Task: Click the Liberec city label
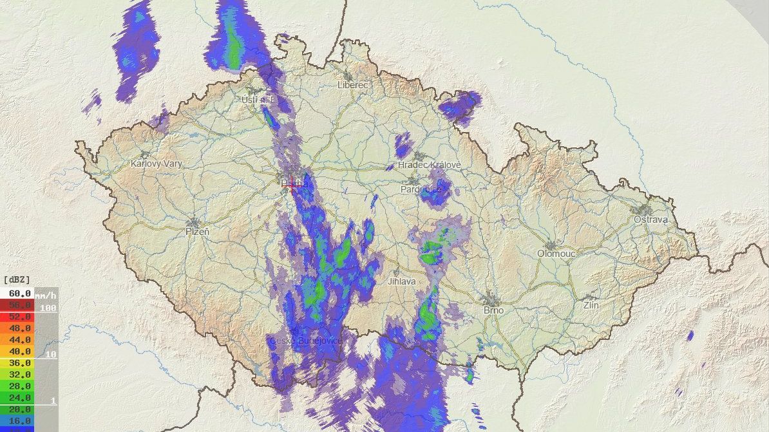tap(352, 85)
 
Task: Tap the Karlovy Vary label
tap(156, 164)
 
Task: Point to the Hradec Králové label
tap(430, 165)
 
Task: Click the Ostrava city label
tap(650, 220)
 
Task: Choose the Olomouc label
tap(555, 254)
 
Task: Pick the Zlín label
tap(591, 305)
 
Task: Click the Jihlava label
tap(402, 281)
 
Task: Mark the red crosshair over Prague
tap(293, 185)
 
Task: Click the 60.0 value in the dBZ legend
tap(19, 293)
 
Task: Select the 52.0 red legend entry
tap(19, 317)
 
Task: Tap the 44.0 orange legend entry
tap(19, 340)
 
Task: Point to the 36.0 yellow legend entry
tap(19, 363)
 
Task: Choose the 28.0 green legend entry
tap(19, 386)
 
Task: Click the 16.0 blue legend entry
tap(19, 421)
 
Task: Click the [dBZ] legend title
tap(17, 280)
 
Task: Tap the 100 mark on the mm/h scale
tap(48, 308)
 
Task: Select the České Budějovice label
tap(305, 340)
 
